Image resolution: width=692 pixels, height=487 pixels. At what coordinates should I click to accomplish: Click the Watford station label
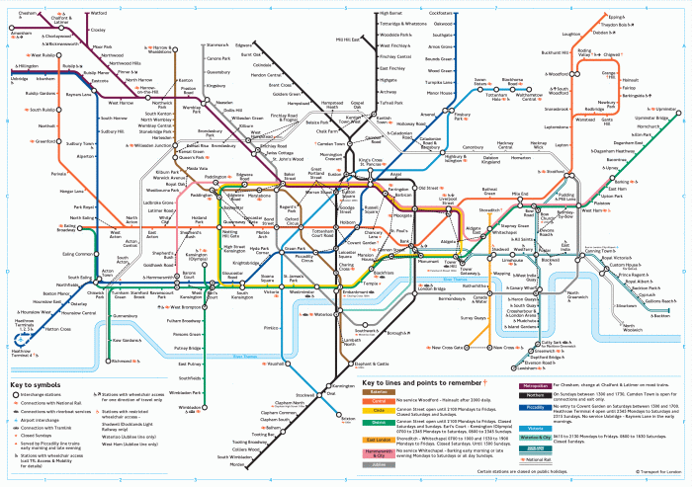coord(99,14)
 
